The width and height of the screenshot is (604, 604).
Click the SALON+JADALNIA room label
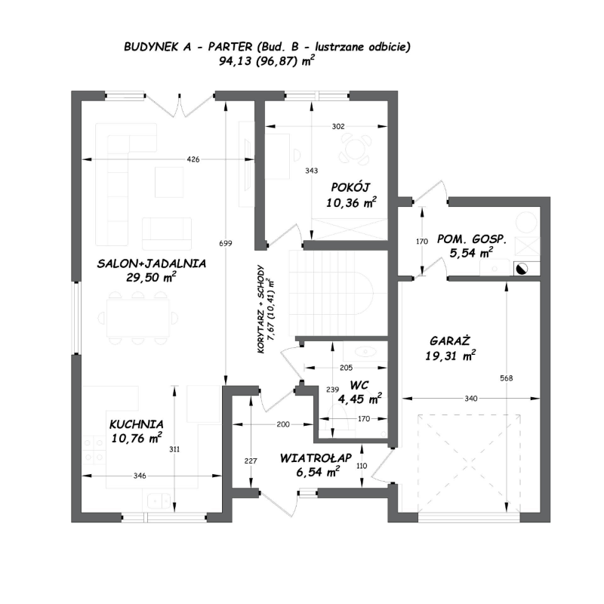point(152,263)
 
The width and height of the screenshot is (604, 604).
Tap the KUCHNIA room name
point(137,424)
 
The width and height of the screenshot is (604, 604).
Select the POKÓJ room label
point(350,187)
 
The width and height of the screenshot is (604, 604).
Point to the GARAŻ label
point(450,341)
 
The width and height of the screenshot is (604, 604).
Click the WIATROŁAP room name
point(316,458)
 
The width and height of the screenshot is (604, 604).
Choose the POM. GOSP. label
point(471,239)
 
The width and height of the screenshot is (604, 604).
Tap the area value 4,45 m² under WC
point(360,399)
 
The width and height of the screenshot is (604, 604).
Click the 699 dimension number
point(226,243)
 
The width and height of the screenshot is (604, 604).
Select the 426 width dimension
point(193,159)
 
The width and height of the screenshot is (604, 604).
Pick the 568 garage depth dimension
point(506,378)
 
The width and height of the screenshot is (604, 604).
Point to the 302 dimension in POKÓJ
point(338,126)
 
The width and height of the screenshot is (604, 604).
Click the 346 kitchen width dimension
point(140,476)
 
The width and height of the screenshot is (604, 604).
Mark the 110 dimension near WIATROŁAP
point(362,466)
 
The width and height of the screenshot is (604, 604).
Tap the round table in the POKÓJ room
point(354,148)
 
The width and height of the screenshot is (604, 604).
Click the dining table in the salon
point(138,318)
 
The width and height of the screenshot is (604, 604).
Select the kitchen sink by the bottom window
point(159,501)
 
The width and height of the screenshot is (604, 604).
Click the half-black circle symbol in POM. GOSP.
point(521,270)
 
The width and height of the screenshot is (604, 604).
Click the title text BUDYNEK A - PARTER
point(188,47)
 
